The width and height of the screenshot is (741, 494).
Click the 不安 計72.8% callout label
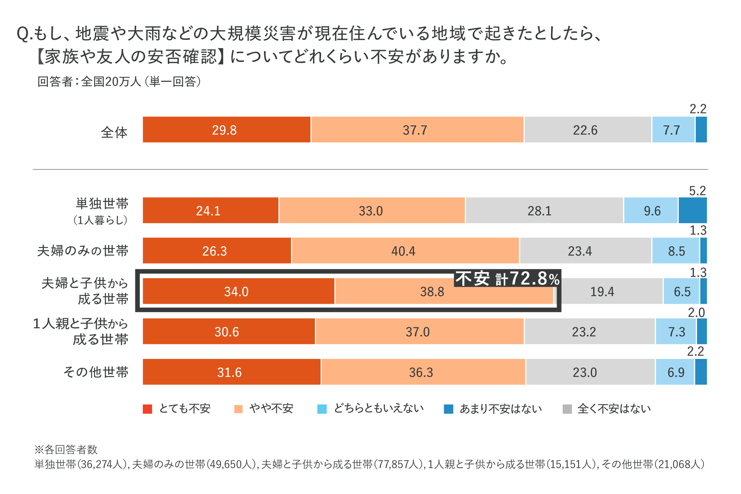pos(507,279)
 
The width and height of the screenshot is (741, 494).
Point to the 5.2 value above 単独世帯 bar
pos(697,191)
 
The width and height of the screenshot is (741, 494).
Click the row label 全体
pos(114,132)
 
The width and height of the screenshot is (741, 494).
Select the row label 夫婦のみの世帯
pos(83,251)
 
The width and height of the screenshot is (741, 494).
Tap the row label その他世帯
pos(96,372)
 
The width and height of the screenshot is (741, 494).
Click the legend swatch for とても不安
pos(147,409)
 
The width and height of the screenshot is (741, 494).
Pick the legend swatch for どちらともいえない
pos(322,409)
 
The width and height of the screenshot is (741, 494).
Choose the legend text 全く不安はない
pos(614,409)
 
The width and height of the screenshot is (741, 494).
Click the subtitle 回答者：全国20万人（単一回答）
pos(119,81)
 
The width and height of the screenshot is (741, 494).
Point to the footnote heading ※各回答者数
pos(66,450)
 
